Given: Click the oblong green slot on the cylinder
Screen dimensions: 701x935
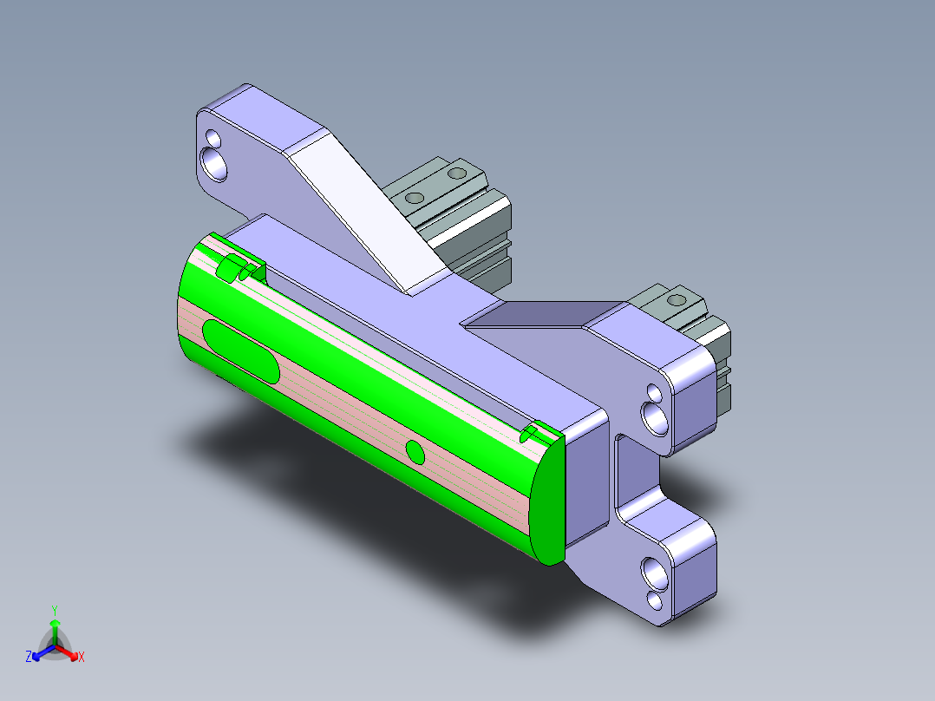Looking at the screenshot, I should point(239,350).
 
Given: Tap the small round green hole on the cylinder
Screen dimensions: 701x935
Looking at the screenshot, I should point(415,451).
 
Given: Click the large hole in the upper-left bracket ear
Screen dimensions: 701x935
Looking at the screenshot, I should point(213,162).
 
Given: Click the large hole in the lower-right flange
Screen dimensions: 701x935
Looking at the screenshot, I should point(653,572).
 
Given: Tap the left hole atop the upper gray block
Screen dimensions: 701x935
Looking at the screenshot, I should point(415,198).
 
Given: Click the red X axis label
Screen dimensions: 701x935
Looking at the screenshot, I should point(82,658).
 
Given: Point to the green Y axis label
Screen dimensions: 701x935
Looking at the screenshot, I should point(55,609).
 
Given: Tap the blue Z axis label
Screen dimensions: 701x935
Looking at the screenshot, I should point(29,657).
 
